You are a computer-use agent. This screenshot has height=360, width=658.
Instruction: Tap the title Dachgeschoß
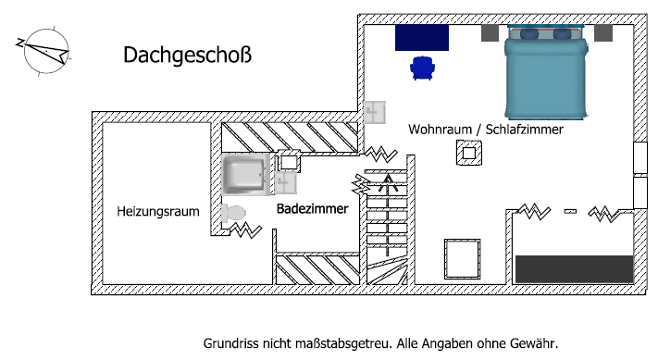click(x=188, y=56)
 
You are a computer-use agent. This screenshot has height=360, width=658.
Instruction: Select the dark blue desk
click(x=422, y=38)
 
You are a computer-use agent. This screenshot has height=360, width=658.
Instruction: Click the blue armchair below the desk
click(x=422, y=67)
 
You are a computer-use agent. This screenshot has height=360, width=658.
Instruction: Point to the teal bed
click(x=546, y=79)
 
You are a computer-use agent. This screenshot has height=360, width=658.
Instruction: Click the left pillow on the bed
click(x=530, y=35)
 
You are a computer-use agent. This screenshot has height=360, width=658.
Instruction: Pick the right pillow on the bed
click(x=562, y=35)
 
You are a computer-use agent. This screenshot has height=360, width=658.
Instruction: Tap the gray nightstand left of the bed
click(x=490, y=34)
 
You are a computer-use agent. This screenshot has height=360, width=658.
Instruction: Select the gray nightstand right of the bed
click(x=602, y=34)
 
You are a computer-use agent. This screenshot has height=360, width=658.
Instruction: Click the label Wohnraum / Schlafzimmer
click(x=485, y=130)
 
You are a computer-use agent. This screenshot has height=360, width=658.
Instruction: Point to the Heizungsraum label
click(x=158, y=211)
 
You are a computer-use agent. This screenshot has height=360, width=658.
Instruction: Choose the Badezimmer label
click(x=313, y=209)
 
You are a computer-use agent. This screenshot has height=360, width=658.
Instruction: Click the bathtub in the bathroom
click(x=244, y=176)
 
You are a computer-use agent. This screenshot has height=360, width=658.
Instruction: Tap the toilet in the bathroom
click(x=233, y=214)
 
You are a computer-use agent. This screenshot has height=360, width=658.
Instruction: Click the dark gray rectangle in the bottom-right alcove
click(x=573, y=268)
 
